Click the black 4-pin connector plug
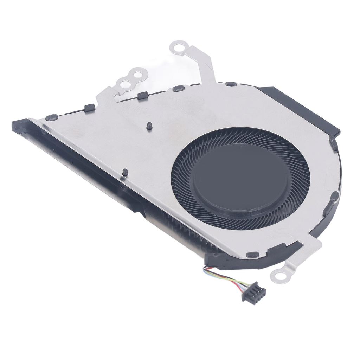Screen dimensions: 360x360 coord(253,292)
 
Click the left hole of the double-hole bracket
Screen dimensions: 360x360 coord(124,83)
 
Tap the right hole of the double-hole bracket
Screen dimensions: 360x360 coord(138,75)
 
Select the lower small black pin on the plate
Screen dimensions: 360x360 coord(125,172)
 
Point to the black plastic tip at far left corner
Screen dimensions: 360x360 coord(19,126)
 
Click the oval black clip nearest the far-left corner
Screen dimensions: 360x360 coord(51,117)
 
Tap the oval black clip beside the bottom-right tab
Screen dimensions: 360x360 coord(252,254)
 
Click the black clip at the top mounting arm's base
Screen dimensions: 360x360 coord(178,89)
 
